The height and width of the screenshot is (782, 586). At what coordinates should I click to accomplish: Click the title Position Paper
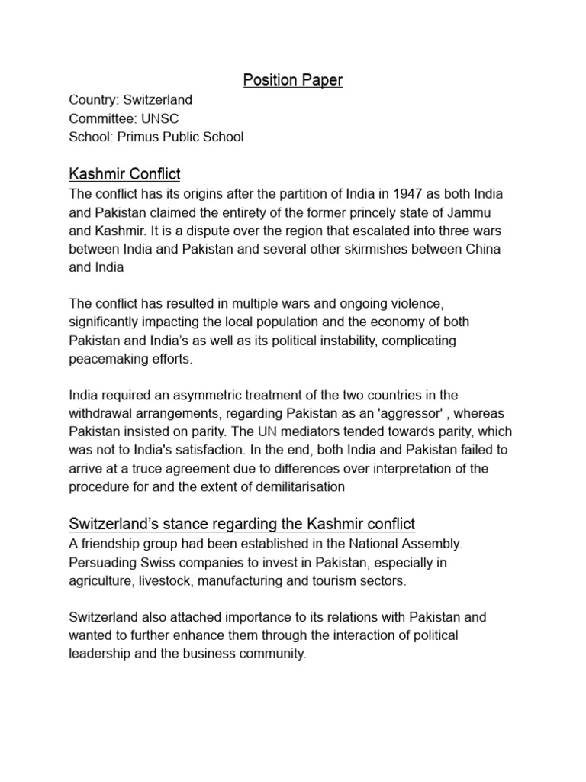292,79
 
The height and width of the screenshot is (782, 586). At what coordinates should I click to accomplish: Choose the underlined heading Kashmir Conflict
124,175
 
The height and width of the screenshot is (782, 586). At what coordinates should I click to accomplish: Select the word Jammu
478,212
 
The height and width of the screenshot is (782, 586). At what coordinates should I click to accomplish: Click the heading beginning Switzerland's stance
242,524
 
